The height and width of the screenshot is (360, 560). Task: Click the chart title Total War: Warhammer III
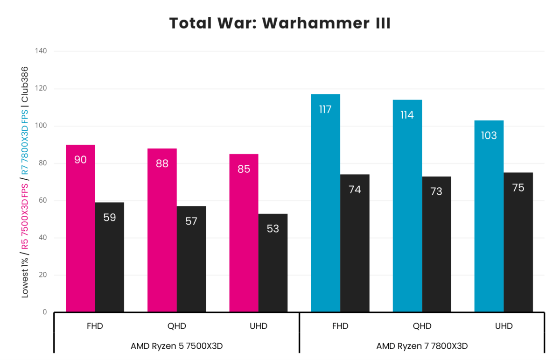pyautogui.click(x=280, y=23)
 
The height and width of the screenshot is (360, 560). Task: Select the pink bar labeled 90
pyautogui.click(x=80, y=228)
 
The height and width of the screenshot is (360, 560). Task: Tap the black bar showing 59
pyautogui.click(x=109, y=257)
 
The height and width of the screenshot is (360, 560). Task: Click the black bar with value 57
pyautogui.click(x=191, y=259)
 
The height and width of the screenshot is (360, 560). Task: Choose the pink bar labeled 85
pyautogui.click(x=244, y=233)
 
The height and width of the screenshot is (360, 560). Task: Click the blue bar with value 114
pyautogui.click(x=407, y=206)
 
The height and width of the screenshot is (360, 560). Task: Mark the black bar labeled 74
pyautogui.click(x=355, y=243)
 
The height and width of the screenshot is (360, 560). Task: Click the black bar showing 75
pyautogui.click(x=518, y=242)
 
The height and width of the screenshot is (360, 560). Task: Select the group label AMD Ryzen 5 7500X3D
pyautogui.click(x=176, y=346)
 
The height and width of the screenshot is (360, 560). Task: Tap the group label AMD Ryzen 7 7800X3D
pyautogui.click(x=422, y=346)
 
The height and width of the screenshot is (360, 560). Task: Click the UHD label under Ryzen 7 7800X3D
pyautogui.click(x=504, y=326)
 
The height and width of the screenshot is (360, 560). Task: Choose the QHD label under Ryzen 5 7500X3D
pyautogui.click(x=176, y=326)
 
